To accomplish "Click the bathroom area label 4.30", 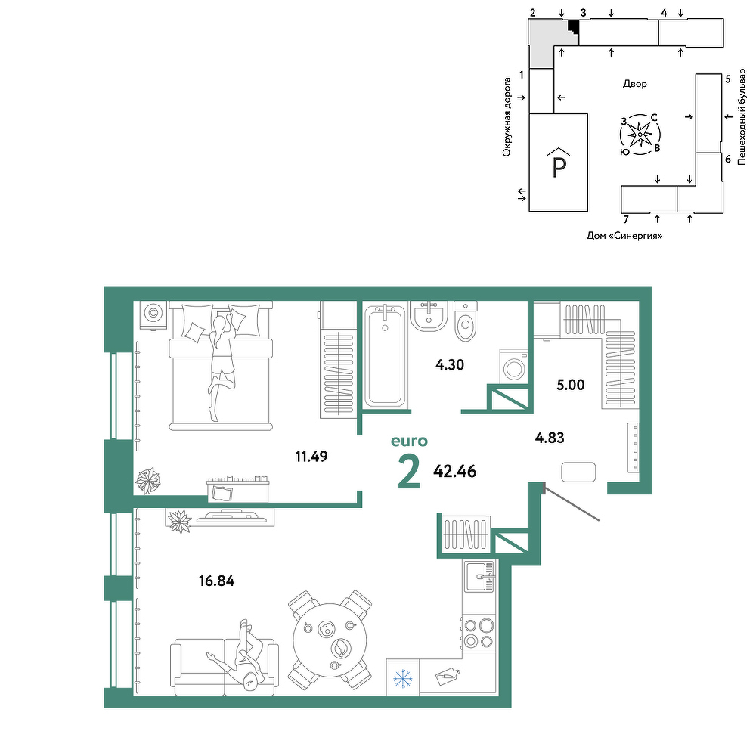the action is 449,364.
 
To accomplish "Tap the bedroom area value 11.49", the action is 311,456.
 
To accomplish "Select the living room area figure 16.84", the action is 216,581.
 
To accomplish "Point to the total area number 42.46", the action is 454,471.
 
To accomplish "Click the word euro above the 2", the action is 409,442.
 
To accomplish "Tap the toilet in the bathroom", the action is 465,321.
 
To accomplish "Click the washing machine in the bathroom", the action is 514,367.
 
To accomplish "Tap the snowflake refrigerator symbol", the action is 403,678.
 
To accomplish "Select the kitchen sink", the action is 479,576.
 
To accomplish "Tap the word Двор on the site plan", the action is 635,84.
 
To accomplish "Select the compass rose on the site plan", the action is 640,135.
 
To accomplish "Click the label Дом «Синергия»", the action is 624,236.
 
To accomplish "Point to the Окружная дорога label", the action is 507,117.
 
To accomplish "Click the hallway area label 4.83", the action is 550,438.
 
